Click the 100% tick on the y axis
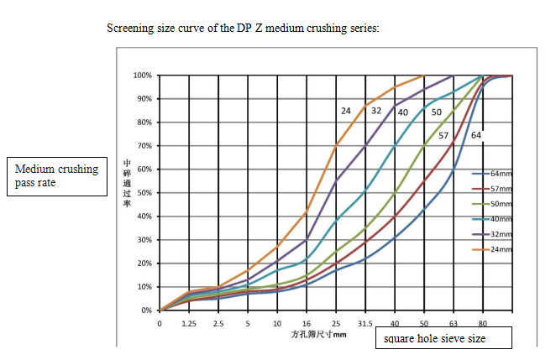pos(142,76)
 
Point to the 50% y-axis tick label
pos(144,193)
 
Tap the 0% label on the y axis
pos(146,310)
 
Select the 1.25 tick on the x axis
pos(189,322)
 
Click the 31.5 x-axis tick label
pos(365,322)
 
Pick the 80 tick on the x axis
pos(483,322)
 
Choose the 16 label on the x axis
pos(307,322)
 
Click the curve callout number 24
pos(346,111)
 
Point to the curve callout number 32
pos(376,111)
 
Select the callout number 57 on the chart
pos(443,135)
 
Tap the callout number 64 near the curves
pos(476,135)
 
